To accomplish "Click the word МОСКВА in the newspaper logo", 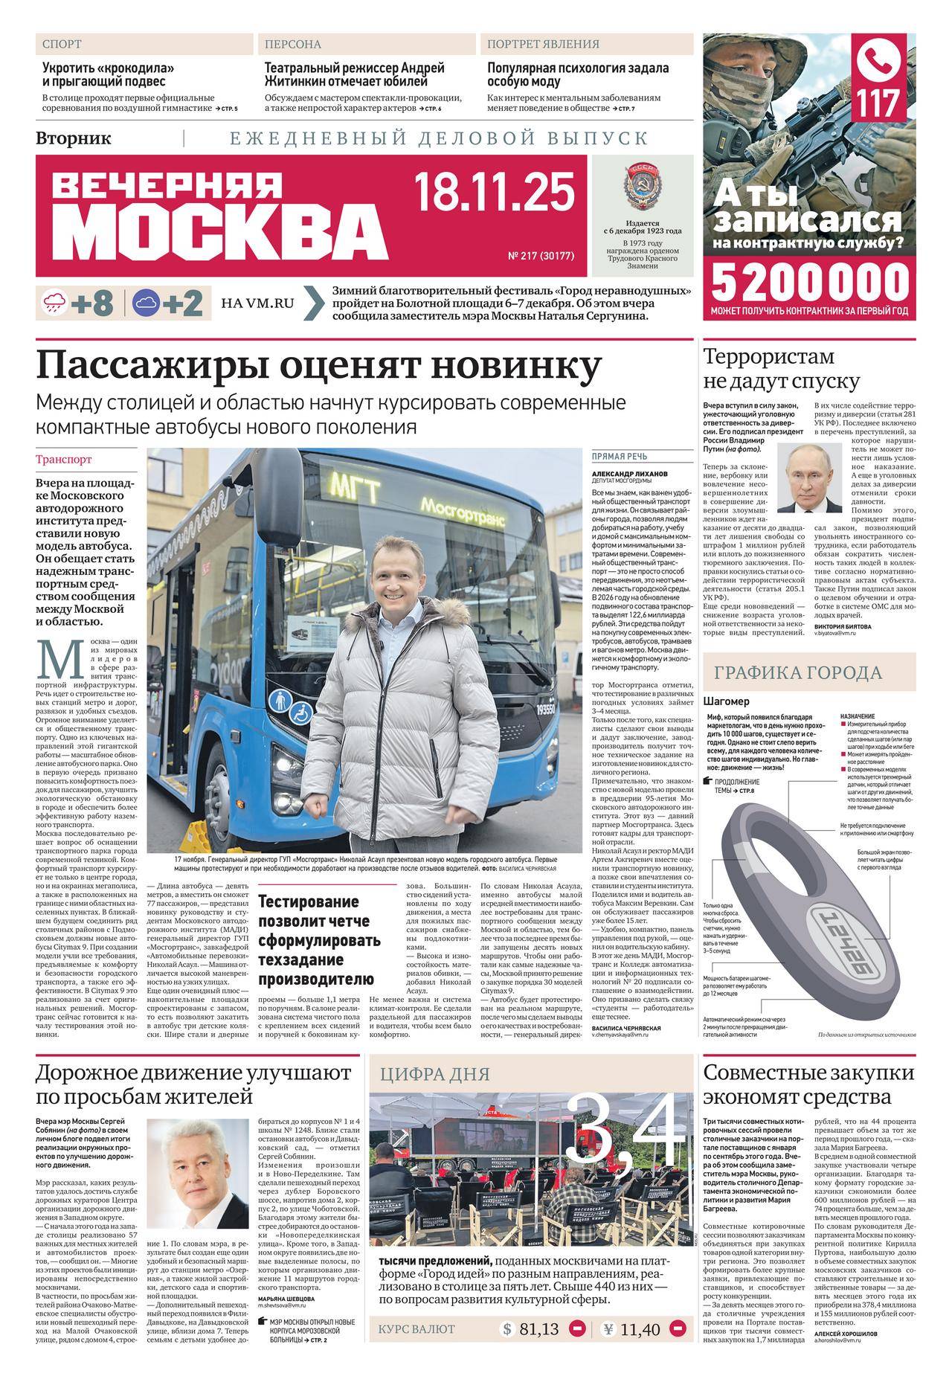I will click(221, 228).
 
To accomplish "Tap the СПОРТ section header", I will click(62, 45).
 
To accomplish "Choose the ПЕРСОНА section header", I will click(293, 45).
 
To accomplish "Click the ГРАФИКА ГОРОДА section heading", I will click(798, 673).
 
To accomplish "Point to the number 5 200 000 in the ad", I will click(810, 283).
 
